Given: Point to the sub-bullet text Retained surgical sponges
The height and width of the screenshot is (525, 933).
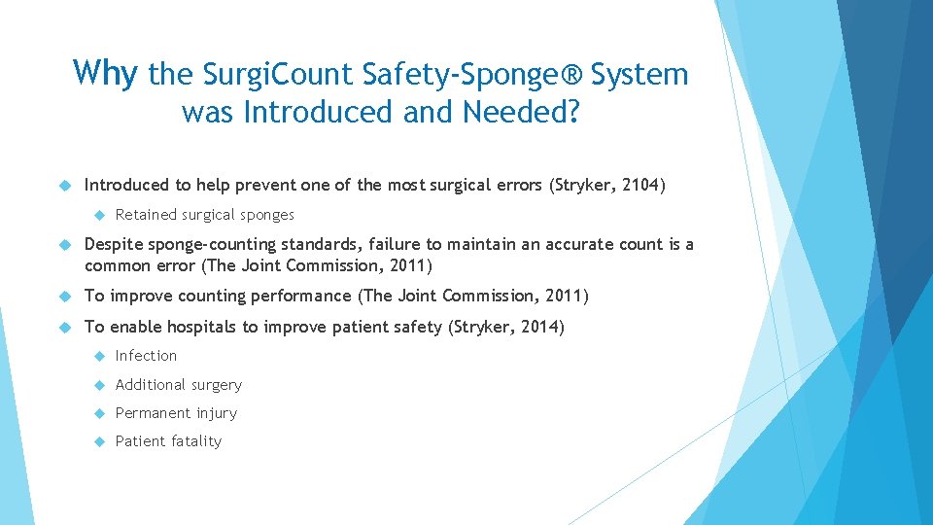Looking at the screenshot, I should [x=204, y=215].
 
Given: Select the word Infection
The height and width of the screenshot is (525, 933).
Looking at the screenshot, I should [x=146, y=356].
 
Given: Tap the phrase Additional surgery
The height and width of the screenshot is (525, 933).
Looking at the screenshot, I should [x=178, y=384].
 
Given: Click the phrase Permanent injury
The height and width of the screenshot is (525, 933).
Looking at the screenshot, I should [x=176, y=412].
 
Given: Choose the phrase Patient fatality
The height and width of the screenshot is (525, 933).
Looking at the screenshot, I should [x=168, y=440].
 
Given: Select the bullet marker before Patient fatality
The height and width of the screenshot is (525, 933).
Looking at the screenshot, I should [x=97, y=440].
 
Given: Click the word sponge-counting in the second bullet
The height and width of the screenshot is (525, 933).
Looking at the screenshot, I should [x=224, y=244].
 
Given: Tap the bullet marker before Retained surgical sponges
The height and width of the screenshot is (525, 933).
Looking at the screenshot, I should [x=97, y=215].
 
